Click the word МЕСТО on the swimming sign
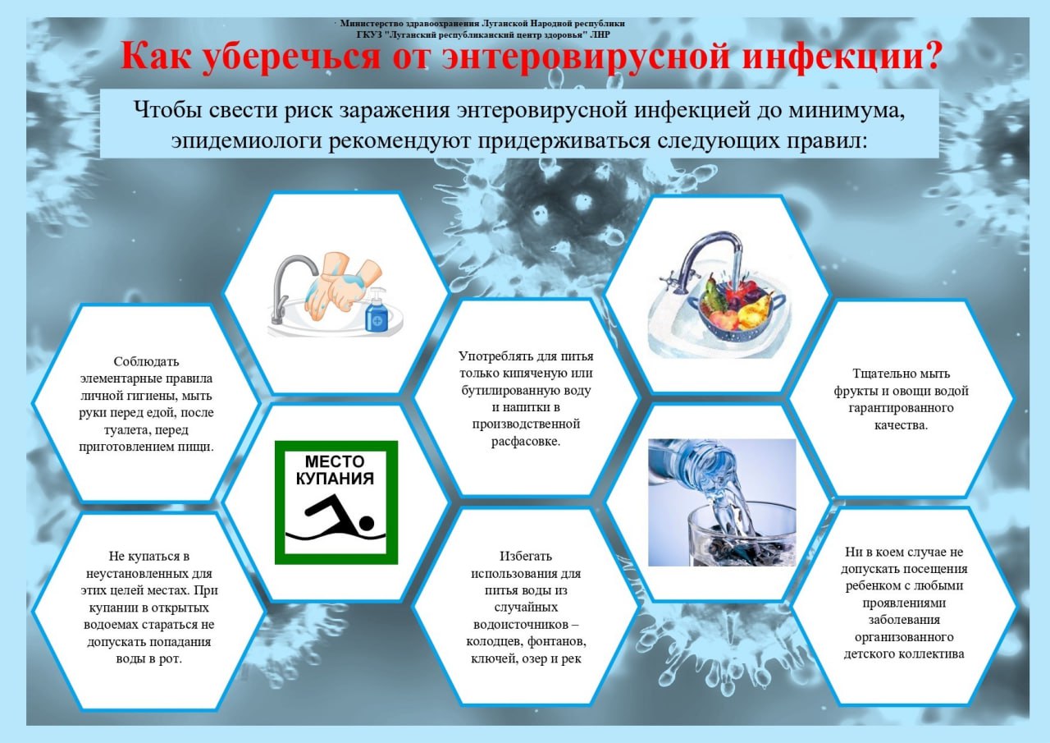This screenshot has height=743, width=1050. [x=335, y=461]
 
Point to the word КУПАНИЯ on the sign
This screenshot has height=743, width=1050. [x=335, y=479]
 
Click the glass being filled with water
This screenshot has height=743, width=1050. [x=742, y=534]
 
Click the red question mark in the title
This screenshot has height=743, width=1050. [x=927, y=55]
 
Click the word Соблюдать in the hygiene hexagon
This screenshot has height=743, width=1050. [x=146, y=362]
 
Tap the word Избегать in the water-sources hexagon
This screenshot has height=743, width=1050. [x=526, y=557]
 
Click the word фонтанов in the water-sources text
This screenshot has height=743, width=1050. [x=557, y=641]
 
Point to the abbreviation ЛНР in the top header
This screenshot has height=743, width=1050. [x=600, y=34]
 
